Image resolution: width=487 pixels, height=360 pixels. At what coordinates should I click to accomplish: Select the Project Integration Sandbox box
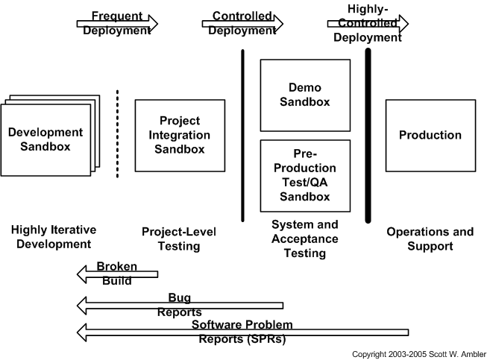(x=180, y=136)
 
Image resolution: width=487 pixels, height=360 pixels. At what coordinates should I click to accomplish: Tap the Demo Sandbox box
(x=305, y=95)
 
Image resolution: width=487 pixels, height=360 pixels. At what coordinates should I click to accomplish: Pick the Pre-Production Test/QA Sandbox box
(x=305, y=175)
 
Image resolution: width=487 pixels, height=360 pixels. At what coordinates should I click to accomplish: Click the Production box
(x=430, y=136)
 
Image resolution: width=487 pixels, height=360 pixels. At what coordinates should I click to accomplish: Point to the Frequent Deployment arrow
(x=117, y=23)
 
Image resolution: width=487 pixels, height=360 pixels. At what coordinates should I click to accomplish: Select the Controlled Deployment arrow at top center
(x=242, y=23)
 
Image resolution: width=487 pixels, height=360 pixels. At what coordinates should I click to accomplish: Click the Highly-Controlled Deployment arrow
(x=368, y=23)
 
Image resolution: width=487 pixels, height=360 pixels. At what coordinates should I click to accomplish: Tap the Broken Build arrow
(x=117, y=274)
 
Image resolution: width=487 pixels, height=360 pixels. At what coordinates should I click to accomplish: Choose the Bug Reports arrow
(x=180, y=305)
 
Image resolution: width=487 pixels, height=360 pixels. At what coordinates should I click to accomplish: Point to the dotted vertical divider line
(x=117, y=134)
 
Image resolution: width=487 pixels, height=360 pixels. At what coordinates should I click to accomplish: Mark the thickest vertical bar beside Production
(x=368, y=136)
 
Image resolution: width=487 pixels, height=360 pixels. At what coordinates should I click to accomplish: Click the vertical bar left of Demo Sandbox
(x=242, y=136)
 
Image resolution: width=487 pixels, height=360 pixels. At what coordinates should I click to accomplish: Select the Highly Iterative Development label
(x=54, y=237)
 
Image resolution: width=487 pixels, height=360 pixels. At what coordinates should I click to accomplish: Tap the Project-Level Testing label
(x=180, y=239)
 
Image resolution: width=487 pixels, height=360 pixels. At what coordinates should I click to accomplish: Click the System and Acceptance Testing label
(x=304, y=239)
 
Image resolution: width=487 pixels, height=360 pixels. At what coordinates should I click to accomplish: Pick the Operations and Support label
(x=430, y=239)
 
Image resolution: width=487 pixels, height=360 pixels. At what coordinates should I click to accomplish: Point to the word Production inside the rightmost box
(x=430, y=136)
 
